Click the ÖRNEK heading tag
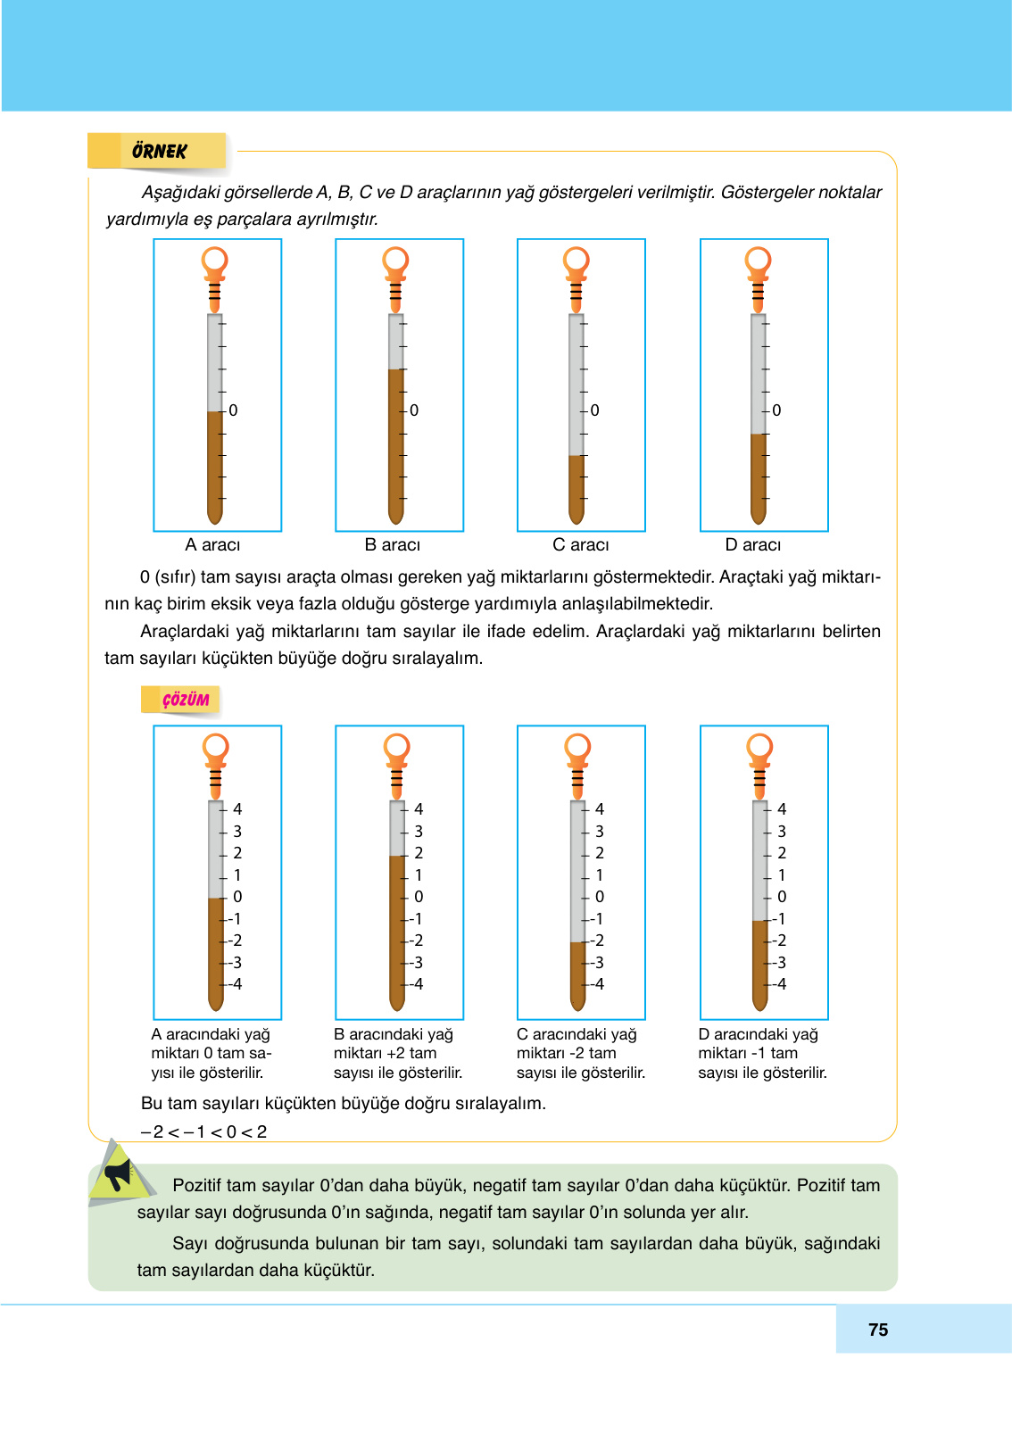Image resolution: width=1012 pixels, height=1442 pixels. click(159, 151)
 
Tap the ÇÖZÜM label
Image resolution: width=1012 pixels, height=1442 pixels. click(185, 700)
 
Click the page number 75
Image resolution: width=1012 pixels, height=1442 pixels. click(877, 1330)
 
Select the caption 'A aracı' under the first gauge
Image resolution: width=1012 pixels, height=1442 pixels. click(212, 544)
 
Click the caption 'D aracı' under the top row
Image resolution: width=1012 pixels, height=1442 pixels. click(752, 544)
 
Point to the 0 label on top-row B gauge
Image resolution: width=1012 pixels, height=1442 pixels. click(414, 410)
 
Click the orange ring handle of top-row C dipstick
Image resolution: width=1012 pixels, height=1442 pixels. click(577, 260)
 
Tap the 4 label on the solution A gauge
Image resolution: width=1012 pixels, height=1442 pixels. click(237, 809)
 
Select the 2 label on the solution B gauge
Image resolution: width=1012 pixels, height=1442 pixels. click(419, 853)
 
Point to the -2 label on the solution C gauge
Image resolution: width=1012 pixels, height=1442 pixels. click(597, 941)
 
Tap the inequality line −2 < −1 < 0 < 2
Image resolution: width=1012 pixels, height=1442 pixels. click(203, 1131)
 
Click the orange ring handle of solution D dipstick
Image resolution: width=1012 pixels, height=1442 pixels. click(759, 746)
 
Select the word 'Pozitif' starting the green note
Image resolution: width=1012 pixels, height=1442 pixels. click(198, 1185)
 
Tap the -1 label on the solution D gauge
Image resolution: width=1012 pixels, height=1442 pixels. click(779, 919)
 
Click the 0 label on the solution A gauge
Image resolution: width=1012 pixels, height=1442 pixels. click(237, 897)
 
